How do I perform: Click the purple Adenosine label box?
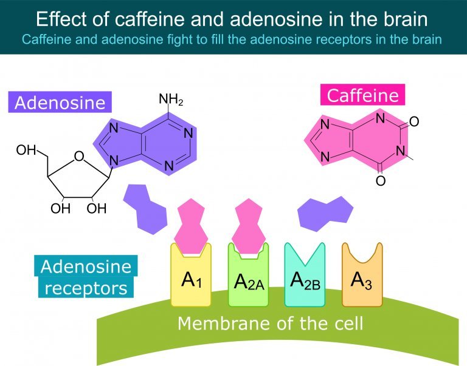pos(60,102)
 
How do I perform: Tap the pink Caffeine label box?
pos(363,95)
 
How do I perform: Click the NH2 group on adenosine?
pos(171,100)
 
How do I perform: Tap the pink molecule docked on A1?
pos(190,226)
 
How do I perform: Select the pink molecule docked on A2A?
pos(248,226)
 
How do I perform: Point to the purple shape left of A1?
pos(146,209)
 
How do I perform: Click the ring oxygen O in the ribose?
pos(79,156)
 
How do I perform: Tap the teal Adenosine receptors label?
pos(86,277)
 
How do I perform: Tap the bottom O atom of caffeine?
pos(380,180)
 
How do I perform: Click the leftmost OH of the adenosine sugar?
pos(26,150)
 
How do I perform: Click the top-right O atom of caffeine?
pos(414,121)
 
